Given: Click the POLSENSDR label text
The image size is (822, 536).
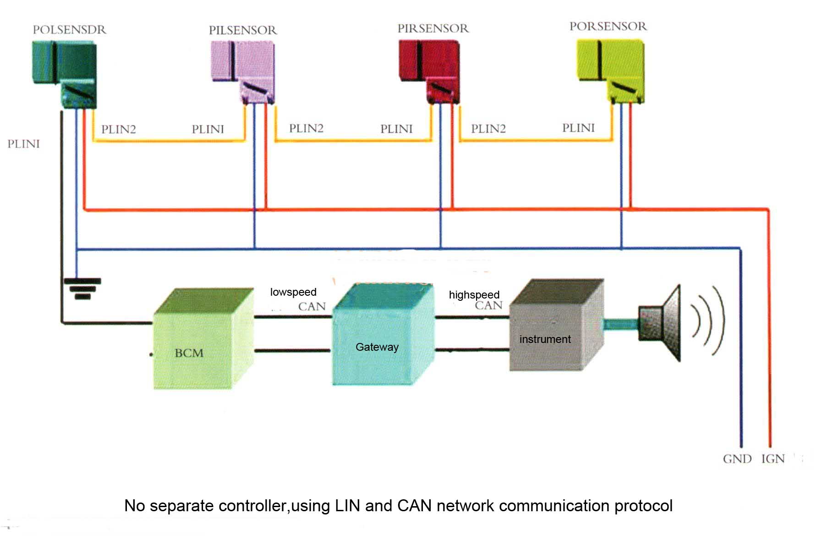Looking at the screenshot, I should click(69, 30).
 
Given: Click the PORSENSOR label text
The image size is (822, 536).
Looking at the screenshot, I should click(608, 27).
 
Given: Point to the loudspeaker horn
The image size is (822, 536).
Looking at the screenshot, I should click(664, 323).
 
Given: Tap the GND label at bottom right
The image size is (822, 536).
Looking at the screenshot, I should click(737, 459).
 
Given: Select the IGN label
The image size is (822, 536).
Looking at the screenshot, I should click(773, 459).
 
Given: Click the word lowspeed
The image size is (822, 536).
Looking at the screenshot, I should click(293, 292).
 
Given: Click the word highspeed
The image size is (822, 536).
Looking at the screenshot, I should click(474, 295).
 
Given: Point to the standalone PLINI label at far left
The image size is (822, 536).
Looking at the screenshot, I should click(23, 144).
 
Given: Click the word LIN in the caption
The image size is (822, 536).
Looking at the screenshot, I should click(348, 506).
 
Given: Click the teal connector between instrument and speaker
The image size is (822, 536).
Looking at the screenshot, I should click(621, 324).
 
